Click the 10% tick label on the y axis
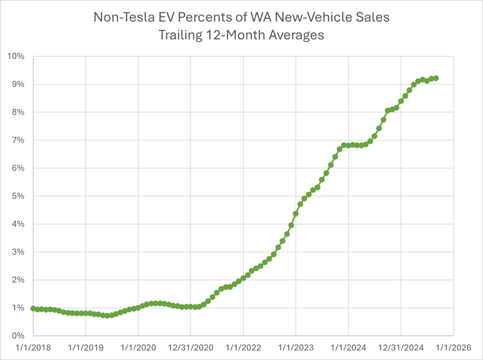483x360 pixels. (16, 56)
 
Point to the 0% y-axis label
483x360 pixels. (18, 336)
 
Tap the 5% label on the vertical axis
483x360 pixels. (18, 196)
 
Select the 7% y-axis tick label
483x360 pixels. (18, 140)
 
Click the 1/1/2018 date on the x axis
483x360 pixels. (33, 347)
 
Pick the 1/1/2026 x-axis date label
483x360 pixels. (453, 347)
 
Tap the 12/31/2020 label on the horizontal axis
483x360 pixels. (190, 347)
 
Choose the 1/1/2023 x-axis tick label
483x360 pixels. (296, 347)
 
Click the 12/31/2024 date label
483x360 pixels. (401, 347)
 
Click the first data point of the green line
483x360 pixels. (33, 308)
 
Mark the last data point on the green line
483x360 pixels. (436, 78)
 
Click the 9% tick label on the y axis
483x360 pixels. (18, 84)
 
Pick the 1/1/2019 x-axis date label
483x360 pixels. (85, 347)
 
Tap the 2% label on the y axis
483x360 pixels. (18, 280)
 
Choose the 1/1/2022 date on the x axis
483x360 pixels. (243, 347)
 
